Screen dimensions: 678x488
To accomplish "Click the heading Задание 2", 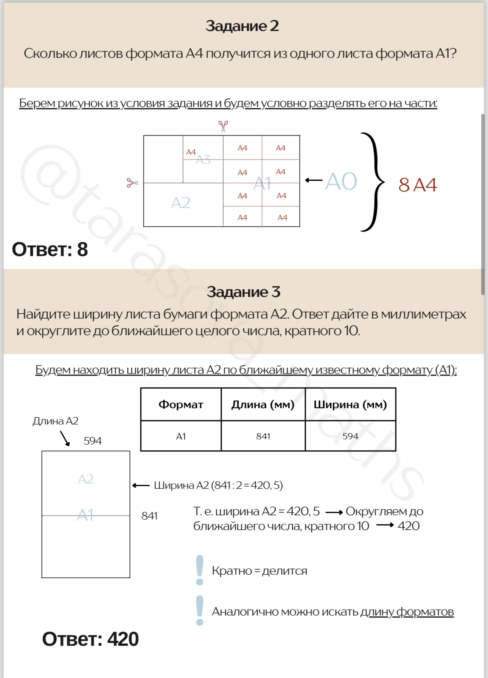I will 242,26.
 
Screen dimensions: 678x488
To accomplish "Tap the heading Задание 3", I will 243,292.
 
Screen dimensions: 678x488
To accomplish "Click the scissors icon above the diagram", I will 223,126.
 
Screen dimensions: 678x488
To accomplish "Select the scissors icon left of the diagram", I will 132,183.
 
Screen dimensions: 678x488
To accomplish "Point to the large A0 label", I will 341,182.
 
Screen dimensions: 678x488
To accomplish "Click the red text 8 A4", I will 417,185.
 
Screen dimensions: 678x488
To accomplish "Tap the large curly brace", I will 373,182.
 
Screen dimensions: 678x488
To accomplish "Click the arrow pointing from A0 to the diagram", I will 314,180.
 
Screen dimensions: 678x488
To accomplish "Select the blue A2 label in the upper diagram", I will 180,203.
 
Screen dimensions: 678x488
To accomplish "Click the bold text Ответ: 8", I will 50,250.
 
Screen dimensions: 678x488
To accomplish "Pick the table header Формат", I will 181,404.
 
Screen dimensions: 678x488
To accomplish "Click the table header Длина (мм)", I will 263,404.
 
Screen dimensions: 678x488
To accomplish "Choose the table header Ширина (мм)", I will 350,404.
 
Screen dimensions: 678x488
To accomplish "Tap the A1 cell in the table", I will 181,436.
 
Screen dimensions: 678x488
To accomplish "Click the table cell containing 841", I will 263,436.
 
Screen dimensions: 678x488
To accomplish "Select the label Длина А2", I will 55,421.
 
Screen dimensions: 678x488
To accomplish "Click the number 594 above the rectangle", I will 93,441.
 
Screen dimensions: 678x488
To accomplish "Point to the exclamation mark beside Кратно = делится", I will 200,570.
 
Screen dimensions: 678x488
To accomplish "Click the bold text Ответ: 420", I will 90,639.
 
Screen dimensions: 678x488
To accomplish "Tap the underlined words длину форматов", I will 407,612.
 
